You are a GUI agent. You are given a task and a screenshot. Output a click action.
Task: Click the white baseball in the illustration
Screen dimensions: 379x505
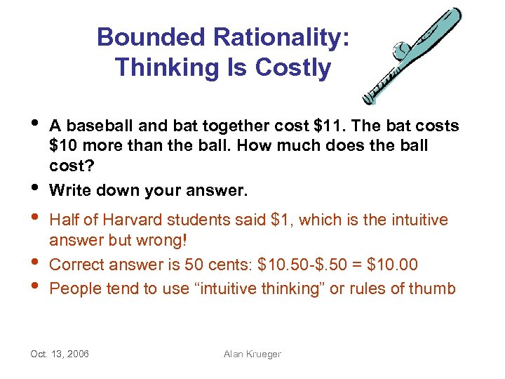(401, 51)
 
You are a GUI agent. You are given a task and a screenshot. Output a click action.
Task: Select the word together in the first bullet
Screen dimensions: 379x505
(234, 126)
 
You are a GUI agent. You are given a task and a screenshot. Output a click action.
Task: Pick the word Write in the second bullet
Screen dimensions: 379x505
(69, 190)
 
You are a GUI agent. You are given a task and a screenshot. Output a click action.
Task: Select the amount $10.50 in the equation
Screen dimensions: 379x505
(284, 265)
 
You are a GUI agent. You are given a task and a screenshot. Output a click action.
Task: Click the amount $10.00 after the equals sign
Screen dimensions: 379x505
(393, 265)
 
